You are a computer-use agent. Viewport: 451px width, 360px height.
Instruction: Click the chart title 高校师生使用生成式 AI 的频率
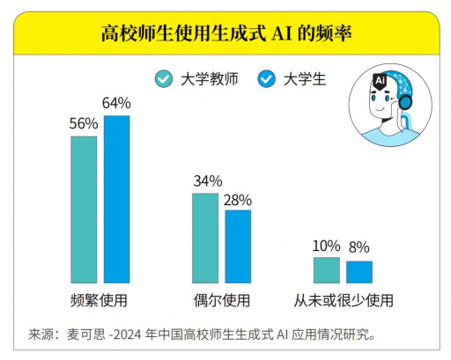pos(225,35)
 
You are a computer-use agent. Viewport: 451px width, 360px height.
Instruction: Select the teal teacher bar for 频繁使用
pos(84,209)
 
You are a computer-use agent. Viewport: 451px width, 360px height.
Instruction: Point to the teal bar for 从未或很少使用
pos(327,270)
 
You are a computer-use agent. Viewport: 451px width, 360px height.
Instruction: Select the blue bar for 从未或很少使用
pos(359,272)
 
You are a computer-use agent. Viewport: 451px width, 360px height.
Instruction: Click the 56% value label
pos(84,123)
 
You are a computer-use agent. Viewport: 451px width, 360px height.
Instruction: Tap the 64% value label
pos(117,104)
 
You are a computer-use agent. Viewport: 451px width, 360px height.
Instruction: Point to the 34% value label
pos(206,181)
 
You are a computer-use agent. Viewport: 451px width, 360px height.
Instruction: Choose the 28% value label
pos(238,199)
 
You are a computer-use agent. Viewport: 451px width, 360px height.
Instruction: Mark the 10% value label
pos(327,246)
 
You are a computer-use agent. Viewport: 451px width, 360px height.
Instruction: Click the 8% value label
pos(359,248)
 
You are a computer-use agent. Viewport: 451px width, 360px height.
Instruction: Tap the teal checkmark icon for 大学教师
pos(163,78)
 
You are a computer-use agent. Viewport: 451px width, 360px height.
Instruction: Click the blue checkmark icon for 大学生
pos(267,78)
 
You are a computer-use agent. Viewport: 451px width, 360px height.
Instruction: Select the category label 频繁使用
pos(100,300)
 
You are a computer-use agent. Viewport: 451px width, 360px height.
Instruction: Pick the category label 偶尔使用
pos(221,300)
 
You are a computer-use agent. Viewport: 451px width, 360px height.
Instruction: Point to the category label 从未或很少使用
pos(343,300)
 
